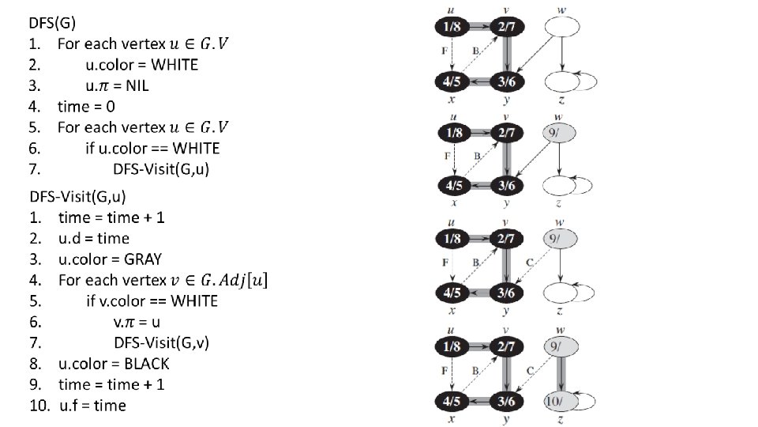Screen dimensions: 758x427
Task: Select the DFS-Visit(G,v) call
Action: coord(162,342)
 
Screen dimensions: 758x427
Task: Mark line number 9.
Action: coord(36,384)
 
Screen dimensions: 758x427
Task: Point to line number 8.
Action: coord(36,364)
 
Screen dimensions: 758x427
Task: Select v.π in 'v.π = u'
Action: coord(123,322)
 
